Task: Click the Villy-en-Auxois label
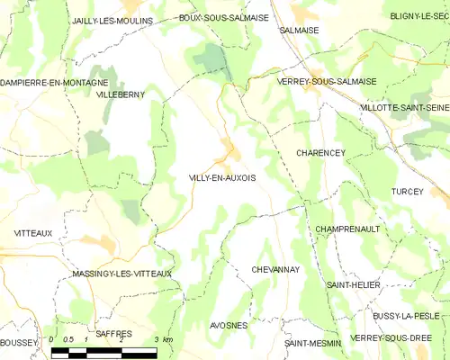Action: tap(222, 177)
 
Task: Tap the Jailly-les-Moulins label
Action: tap(112, 20)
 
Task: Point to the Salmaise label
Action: tap(300, 30)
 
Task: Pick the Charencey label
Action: tap(320, 153)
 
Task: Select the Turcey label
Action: tap(408, 192)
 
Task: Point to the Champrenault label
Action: tap(347, 229)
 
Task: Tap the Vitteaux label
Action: tap(33, 233)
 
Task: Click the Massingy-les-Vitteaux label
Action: tap(122, 274)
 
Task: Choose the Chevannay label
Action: tap(275, 269)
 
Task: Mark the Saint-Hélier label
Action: tap(354, 284)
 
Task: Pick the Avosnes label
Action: tap(229, 325)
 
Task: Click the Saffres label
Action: tap(113, 333)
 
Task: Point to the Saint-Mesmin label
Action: tap(312, 343)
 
